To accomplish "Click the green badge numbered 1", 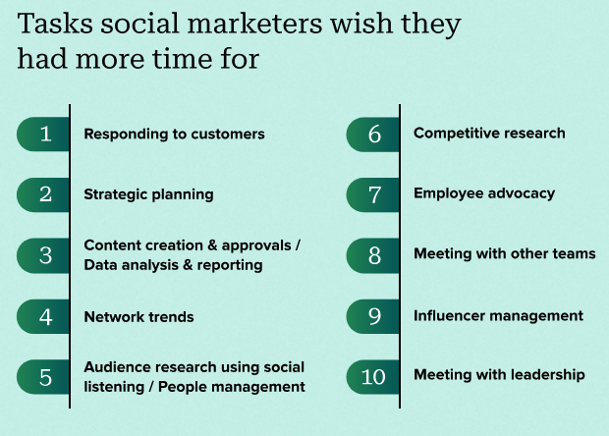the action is click(43, 134).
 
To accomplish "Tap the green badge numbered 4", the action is click(43, 316).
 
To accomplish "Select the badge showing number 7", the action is click(373, 194).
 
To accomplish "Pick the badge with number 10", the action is click(373, 377).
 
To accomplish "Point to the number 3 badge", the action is click(43, 255).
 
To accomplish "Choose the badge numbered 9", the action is click(373, 316).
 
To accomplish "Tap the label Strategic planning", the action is click(148, 194).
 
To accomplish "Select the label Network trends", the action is click(138, 317).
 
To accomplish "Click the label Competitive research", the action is click(489, 134).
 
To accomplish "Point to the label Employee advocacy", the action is click(484, 193).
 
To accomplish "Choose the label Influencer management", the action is click(498, 316).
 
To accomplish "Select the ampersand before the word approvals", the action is click(212, 245).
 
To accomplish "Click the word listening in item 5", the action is click(114, 387).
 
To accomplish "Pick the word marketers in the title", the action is click(254, 24).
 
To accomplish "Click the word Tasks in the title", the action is click(55, 24).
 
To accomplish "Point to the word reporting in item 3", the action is click(230, 265).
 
